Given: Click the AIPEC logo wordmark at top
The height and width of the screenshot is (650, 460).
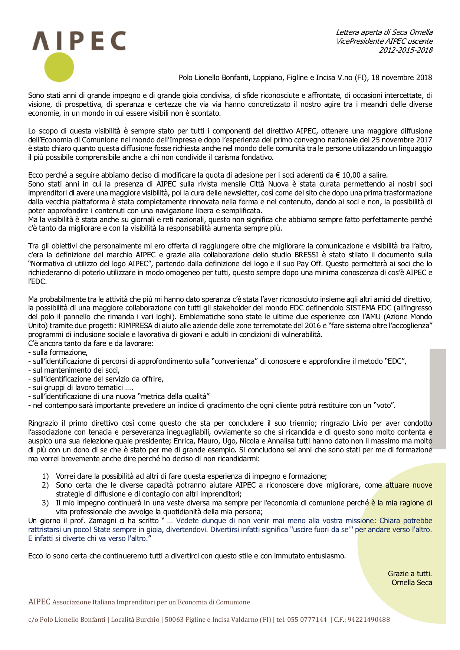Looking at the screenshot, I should [79, 41].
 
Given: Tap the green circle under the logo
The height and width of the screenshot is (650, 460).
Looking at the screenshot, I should [59, 67].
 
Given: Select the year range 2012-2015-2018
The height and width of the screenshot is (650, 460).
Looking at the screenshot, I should [405, 50].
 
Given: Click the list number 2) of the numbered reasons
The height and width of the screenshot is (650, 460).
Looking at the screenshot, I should [45, 485].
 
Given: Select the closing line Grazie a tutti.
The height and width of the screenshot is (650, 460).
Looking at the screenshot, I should [410, 574].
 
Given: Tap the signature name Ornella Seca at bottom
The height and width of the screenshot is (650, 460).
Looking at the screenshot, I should [412, 583].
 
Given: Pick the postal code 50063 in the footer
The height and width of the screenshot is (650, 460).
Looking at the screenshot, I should [174, 620].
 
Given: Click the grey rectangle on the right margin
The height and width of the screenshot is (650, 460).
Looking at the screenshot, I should [438, 399].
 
